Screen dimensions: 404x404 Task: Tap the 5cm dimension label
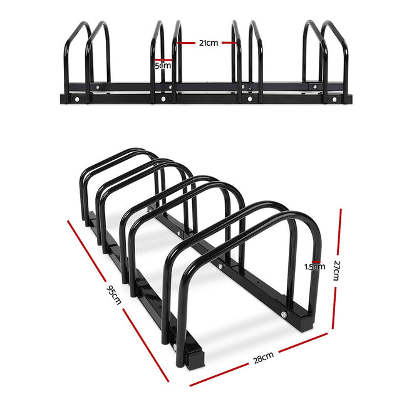tap(163, 65)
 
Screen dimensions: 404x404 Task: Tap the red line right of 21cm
tap(229, 43)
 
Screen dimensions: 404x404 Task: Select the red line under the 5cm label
tap(163, 71)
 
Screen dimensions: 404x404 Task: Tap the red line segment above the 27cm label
tap(339, 232)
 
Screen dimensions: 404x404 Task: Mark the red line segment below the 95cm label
tap(147, 344)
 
